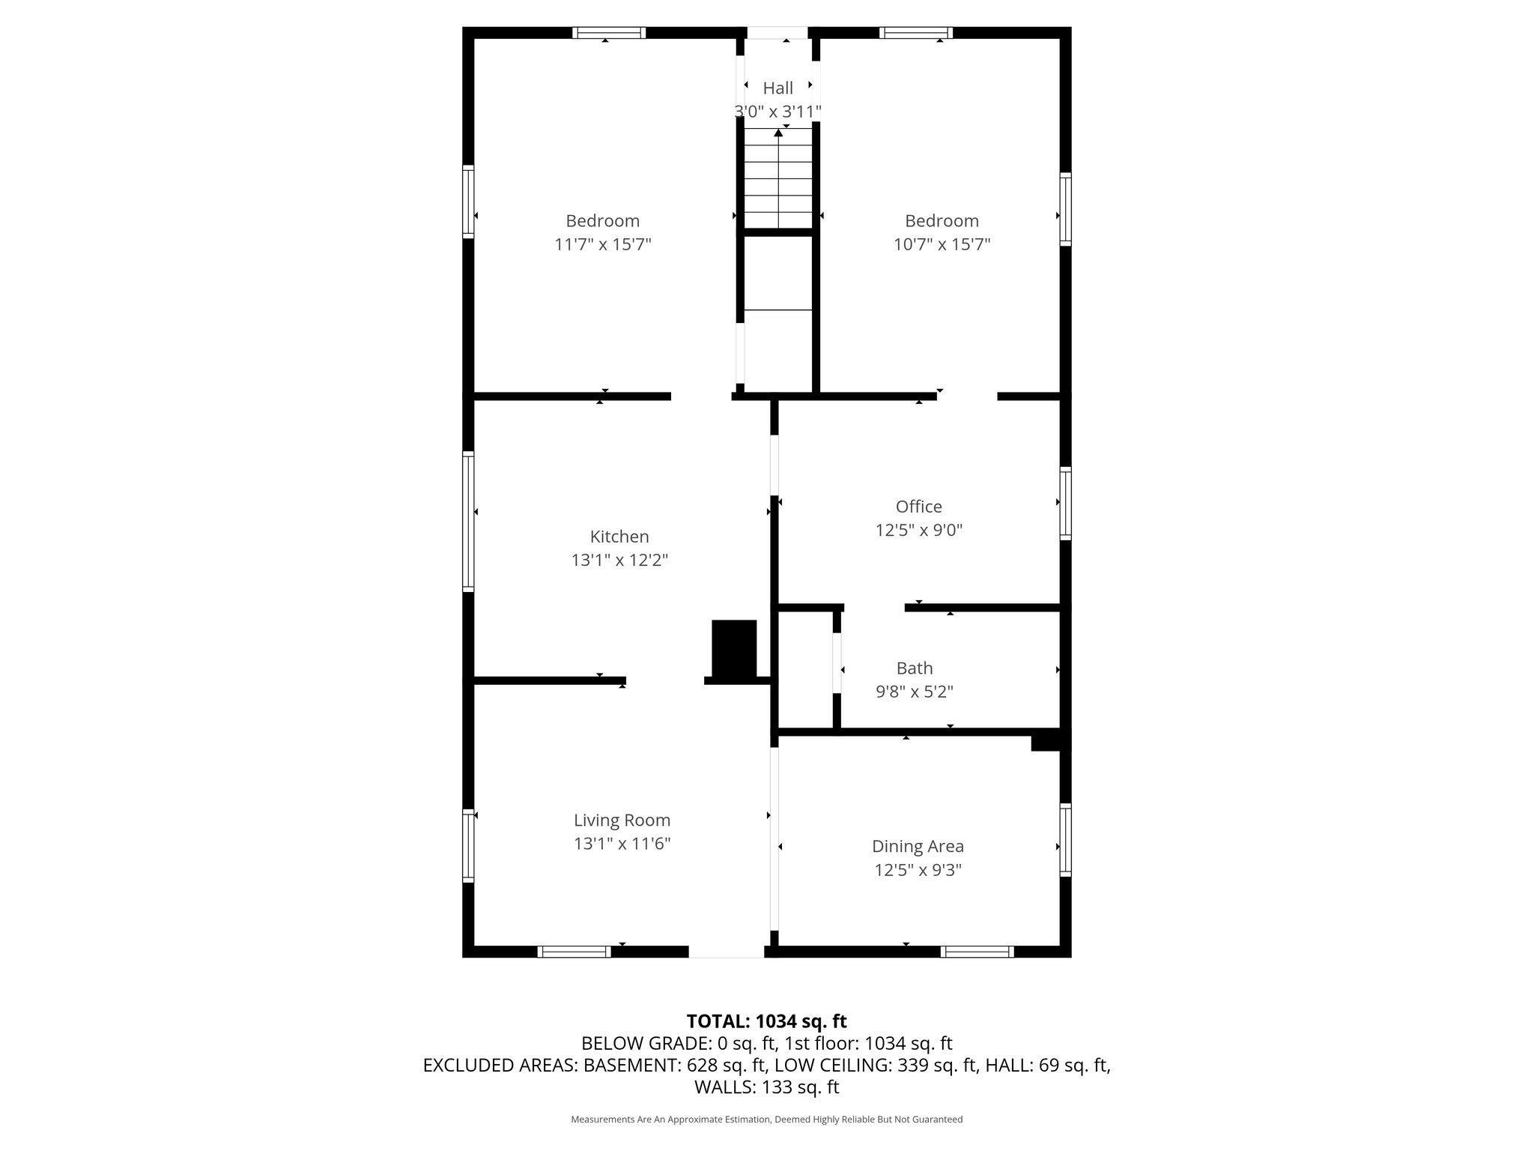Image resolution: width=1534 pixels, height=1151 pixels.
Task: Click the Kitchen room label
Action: coord(619,537)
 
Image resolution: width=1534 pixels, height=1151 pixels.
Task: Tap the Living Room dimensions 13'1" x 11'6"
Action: coord(622,844)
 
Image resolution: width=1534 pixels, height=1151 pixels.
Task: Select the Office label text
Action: coord(918,507)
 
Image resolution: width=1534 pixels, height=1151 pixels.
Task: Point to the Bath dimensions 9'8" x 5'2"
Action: coord(914,691)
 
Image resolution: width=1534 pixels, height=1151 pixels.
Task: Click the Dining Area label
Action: coord(918,846)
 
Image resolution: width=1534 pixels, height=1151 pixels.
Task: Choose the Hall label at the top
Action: coord(777,88)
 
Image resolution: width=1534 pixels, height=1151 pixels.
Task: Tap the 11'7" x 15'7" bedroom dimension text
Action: coord(603,244)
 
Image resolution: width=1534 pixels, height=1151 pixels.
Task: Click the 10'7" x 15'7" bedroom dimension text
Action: coord(942,244)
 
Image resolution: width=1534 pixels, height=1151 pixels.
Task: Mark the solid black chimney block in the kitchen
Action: coord(733,649)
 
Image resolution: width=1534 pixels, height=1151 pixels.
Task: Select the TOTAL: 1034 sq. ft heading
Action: coord(766,1021)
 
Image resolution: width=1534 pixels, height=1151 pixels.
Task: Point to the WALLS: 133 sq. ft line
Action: coord(766,1087)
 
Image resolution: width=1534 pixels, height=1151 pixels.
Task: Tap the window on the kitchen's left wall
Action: coord(468,521)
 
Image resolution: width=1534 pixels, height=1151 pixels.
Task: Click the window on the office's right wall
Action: coord(1065,503)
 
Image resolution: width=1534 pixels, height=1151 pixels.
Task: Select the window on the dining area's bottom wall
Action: coord(977,952)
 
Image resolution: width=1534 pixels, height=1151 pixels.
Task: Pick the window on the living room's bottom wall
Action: coord(575,952)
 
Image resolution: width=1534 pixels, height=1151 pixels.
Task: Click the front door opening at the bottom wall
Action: coord(726,952)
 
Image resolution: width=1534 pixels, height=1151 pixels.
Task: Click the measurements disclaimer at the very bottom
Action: coord(766,1120)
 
